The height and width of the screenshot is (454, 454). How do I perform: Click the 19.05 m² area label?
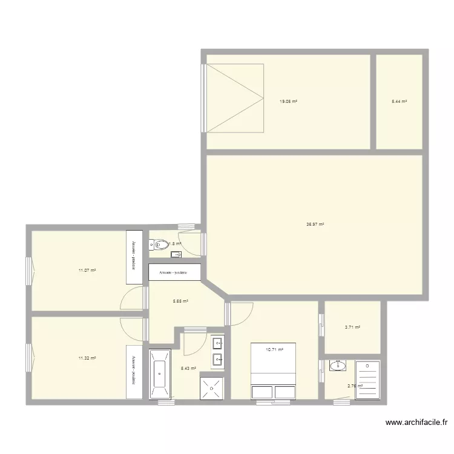(x=288, y=102)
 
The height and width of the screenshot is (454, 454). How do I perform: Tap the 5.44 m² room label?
(x=400, y=102)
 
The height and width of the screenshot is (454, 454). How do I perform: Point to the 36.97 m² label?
(x=315, y=224)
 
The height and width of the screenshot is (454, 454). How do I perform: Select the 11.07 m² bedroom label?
(x=87, y=270)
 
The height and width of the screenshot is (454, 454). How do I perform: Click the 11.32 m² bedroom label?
(x=87, y=358)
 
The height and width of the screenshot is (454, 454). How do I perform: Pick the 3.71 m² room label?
(x=353, y=327)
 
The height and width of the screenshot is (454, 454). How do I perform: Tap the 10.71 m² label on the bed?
(x=275, y=349)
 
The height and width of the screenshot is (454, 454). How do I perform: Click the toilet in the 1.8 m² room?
(x=160, y=245)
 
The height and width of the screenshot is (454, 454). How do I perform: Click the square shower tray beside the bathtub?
(x=212, y=387)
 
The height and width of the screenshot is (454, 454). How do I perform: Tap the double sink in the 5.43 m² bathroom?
(x=217, y=352)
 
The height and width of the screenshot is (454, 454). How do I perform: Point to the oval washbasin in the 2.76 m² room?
(x=337, y=366)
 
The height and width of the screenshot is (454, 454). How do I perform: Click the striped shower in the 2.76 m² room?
(x=368, y=380)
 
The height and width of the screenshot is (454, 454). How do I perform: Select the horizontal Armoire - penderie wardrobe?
(x=174, y=272)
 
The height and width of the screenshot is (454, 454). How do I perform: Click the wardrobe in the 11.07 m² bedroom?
(x=134, y=257)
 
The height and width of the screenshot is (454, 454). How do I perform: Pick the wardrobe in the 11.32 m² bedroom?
(x=134, y=372)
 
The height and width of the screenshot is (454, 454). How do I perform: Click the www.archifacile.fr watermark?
(x=416, y=423)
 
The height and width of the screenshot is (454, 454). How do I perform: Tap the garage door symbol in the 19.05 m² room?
(x=235, y=97)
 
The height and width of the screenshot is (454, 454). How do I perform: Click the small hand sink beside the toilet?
(x=176, y=255)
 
